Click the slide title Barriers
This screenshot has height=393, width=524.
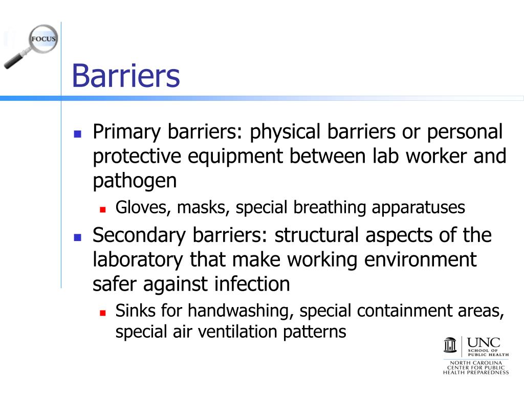[126, 76]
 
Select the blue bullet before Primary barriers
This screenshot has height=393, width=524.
[78, 134]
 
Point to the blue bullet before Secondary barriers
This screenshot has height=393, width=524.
[78, 237]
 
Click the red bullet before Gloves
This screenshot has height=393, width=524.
[103, 209]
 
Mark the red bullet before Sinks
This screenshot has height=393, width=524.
[103, 312]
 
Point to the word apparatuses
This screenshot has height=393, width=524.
[418, 208]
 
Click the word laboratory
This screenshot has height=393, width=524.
[137, 260]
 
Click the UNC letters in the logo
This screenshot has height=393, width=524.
[484, 342]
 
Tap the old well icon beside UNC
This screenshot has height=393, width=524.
[450, 345]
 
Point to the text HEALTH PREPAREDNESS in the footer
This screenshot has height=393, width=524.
[476, 372]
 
